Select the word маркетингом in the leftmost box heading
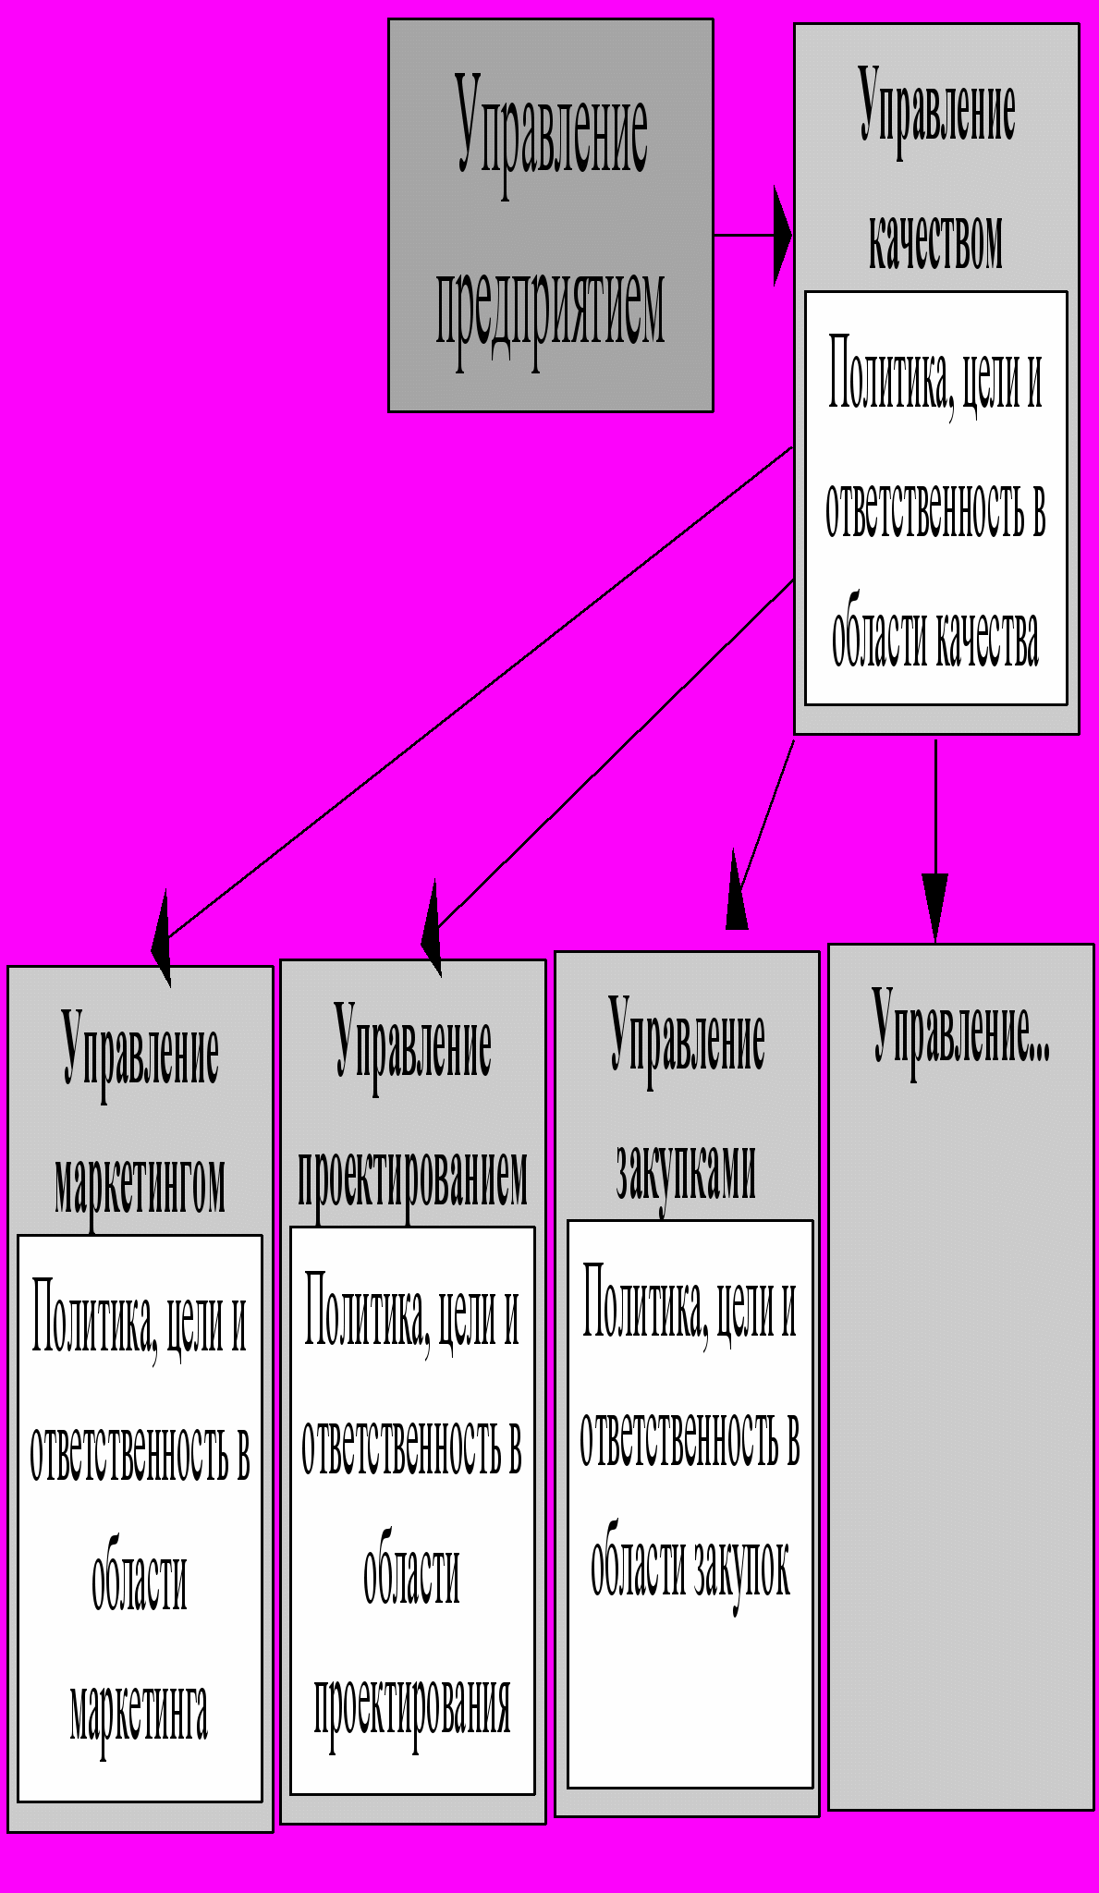[140, 1185]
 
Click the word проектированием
[412, 1178]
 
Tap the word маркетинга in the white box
[139, 1712]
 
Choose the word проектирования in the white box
[412, 1705]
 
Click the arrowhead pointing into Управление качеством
[782, 235]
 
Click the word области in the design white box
[412, 1576]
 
